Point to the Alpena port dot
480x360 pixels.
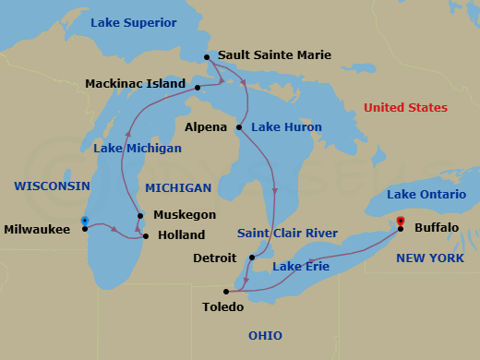coord(239,126)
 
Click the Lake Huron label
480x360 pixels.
coord(287,126)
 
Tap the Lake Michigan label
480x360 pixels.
coord(138,148)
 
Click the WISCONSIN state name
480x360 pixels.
coord(52,186)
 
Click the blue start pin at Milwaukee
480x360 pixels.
coord(85,222)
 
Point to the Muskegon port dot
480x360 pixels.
coord(140,216)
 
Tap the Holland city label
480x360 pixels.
coord(181,235)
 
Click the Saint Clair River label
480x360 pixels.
coord(287,233)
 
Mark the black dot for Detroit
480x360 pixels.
coord(252,258)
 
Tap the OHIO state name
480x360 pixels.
coord(265,335)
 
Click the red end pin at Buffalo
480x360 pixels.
coord(401,222)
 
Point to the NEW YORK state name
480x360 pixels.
coord(430,258)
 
